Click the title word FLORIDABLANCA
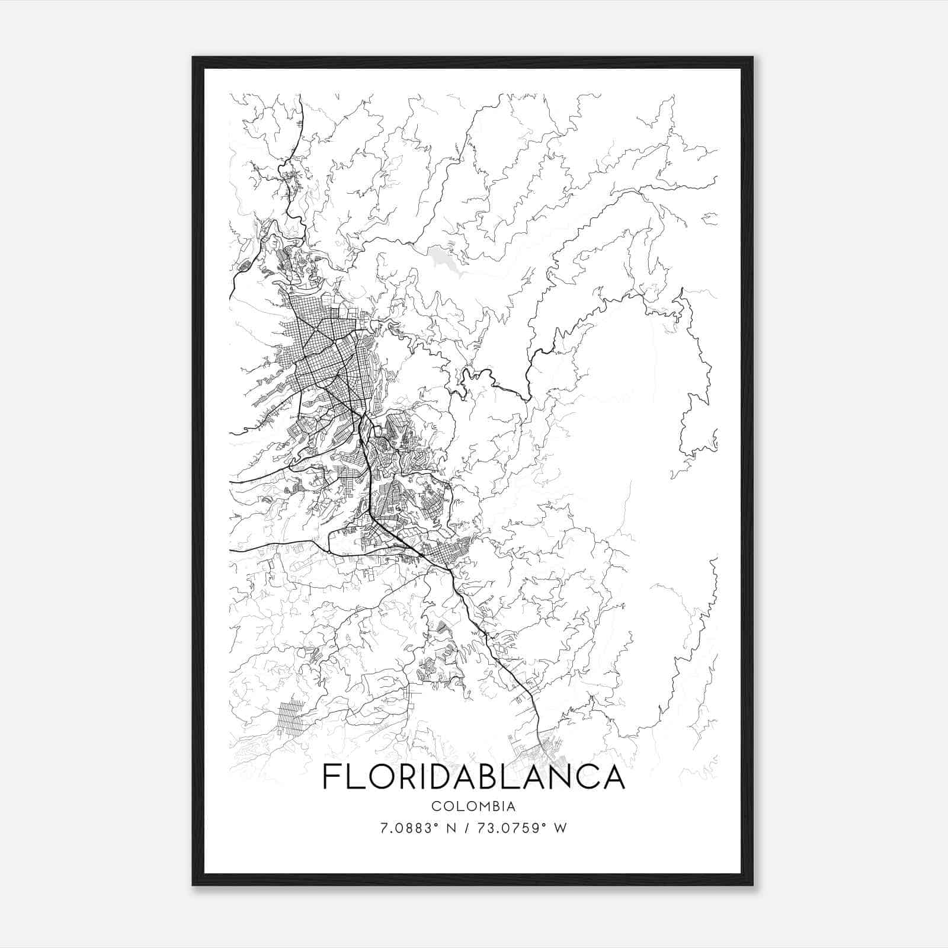coord(473,777)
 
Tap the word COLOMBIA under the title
coord(473,806)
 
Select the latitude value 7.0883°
coord(410,828)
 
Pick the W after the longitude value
coord(559,828)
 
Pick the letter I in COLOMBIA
coord(501,806)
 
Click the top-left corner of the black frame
coord(193,57)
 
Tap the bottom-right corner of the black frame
coord(752,885)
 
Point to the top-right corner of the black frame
coord(752,57)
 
